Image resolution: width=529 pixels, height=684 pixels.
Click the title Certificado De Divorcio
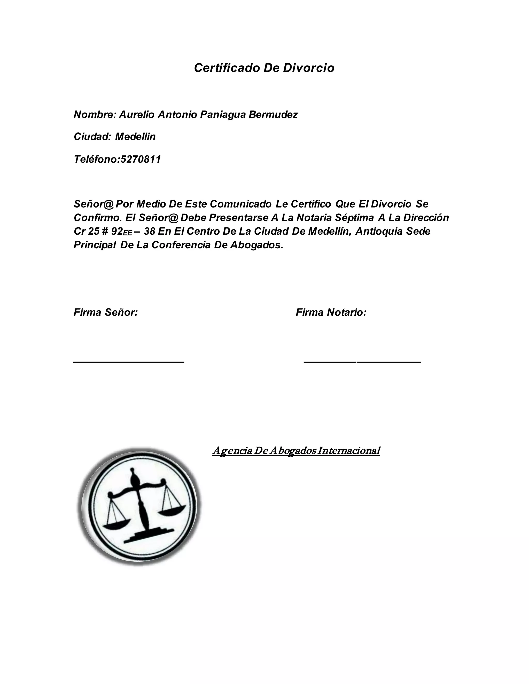[264, 68]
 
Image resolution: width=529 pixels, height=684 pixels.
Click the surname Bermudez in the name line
[273, 115]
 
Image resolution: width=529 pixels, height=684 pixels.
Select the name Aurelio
[137, 115]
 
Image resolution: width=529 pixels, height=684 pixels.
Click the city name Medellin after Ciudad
[135, 137]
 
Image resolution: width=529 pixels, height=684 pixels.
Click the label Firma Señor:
[106, 312]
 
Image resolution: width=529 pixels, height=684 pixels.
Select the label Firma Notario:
[331, 312]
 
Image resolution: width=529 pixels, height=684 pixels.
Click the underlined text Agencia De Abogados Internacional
[296, 451]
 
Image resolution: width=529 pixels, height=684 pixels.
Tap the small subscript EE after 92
[128, 233]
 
